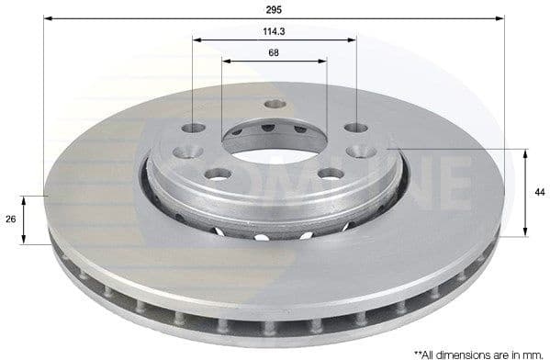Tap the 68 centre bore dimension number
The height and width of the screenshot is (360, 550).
pyautogui.click(x=275, y=52)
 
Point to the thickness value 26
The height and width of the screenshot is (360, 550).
pyautogui.click(x=10, y=219)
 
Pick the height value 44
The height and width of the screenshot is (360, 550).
pyautogui.click(x=540, y=191)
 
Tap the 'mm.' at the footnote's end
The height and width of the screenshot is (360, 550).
pyautogui.click(x=537, y=353)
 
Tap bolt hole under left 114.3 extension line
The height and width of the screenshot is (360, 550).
pyautogui.click(x=194, y=129)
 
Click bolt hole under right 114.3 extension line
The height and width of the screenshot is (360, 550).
pyautogui.click(x=355, y=129)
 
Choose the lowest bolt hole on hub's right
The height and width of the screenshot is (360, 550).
pyautogui.click(x=331, y=173)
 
